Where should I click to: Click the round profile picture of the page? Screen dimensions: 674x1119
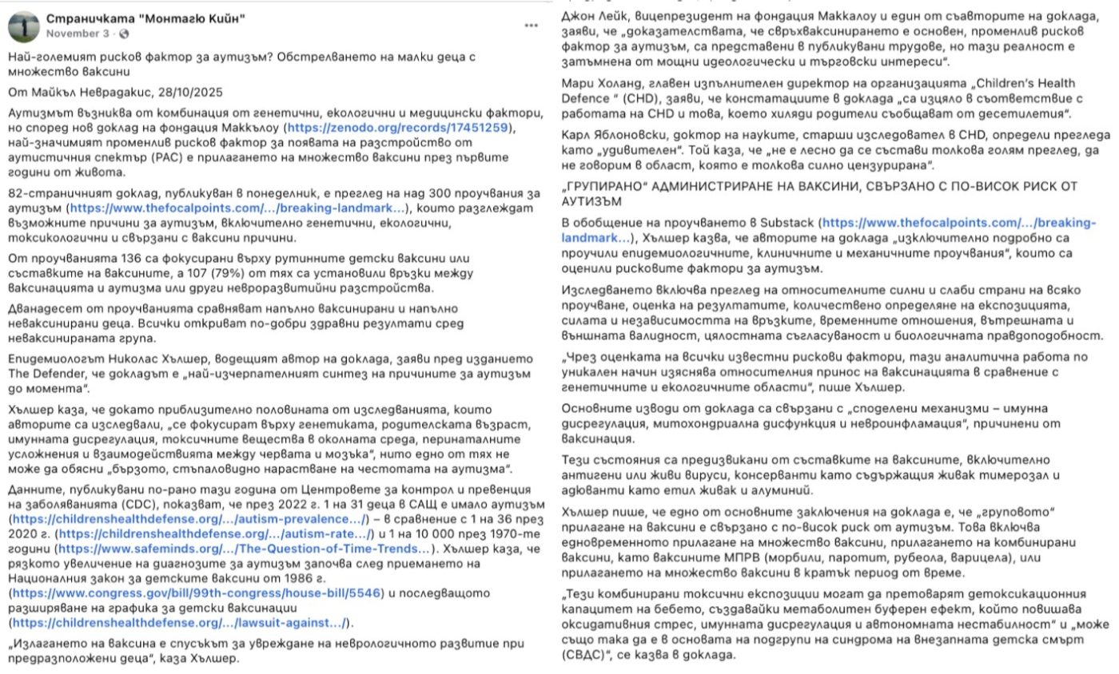click(24, 26)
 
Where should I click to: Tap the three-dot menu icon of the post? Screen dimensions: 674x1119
click(532, 26)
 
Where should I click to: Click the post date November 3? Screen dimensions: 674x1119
click(78, 34)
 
